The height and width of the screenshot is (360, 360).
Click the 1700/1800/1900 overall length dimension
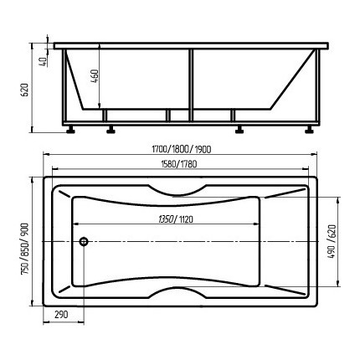(x=182, y=150)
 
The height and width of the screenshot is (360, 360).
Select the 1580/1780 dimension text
(x=179, y=164)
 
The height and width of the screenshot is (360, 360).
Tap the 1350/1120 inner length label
(x=176, y=219)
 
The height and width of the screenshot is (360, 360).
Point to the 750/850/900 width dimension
(x=25, y=249)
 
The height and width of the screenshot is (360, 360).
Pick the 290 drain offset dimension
(x=61, y=315)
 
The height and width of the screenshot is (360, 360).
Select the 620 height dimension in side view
(x=25, y=90)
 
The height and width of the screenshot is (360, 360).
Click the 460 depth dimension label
(x=95, y=76)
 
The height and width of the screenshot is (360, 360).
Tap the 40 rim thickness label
(x=43, y=62)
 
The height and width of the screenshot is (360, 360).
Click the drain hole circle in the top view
(x=84, y=241)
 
